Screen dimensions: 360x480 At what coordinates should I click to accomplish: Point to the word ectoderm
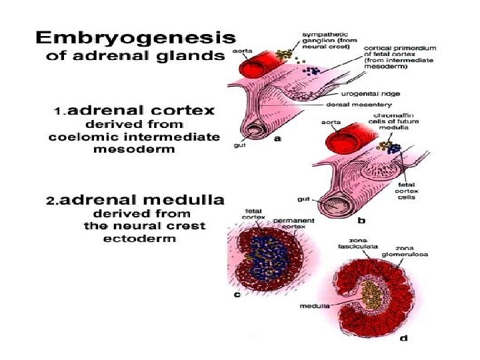pyautogui.click(x=140, y=239)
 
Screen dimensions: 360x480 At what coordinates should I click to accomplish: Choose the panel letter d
pyautogui.click(x=403, y=338)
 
